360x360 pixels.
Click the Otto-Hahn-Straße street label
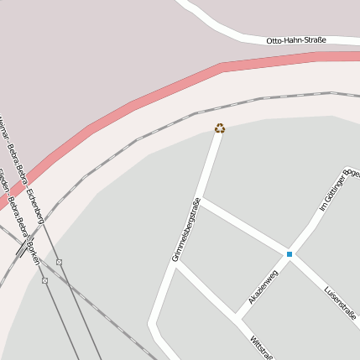296,40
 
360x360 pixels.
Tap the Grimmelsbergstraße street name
186,229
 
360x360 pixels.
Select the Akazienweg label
263,287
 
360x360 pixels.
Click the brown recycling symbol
220,128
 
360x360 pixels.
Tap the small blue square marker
290,253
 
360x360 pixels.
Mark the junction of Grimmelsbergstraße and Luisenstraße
201,200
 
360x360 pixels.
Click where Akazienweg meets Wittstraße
237,317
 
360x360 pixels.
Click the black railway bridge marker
21,249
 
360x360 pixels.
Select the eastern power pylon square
60,263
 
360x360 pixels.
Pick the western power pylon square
44,280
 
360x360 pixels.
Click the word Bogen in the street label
352,173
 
